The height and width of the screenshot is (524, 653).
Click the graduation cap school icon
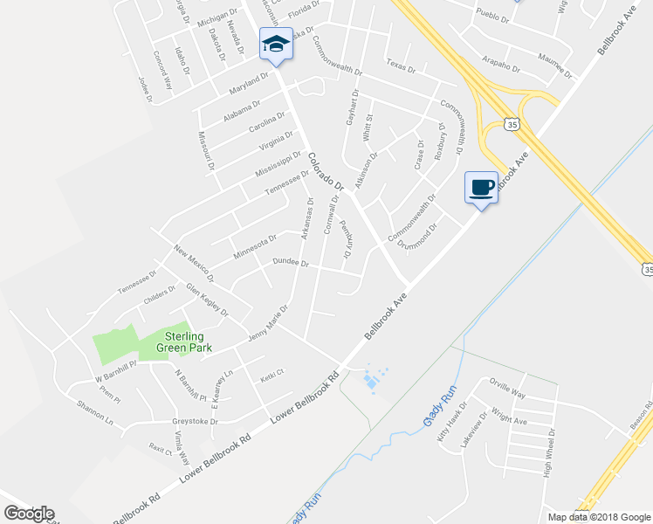pyautogui.click(x=276, y=44)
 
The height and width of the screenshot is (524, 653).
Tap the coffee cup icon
pyautogui.click(x=482, y=186)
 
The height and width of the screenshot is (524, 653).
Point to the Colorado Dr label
pyautogui.click(x=327, y=171)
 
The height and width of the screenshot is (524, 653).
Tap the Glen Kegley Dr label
pyautogui.click(x=206, y=299)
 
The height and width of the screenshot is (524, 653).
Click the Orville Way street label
pyautogui.click(x=508, y=387)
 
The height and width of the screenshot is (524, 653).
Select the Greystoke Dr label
pyautogui.click(x=194, y=421)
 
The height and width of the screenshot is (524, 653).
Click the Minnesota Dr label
pyautogui.click(x=255, y=245)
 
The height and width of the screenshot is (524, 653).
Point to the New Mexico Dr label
pyautogui.click(x=194, y=264)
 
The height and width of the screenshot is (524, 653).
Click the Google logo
pyautogui.click(x=29, y=514)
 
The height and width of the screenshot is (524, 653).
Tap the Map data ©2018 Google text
pyautogui.click(x=598, y=517)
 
